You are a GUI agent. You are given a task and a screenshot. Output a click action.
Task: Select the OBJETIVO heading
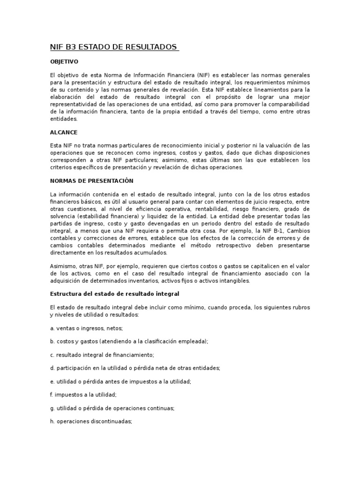click(64, 61)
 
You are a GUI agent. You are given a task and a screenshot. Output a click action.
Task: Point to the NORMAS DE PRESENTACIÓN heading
click(91, 181)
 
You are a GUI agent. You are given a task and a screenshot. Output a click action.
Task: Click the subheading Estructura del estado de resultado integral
click(114, 293)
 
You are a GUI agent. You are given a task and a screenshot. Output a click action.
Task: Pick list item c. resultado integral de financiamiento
click(102, 354)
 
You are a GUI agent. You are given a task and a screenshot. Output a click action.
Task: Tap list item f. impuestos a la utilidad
click(83, 395)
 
